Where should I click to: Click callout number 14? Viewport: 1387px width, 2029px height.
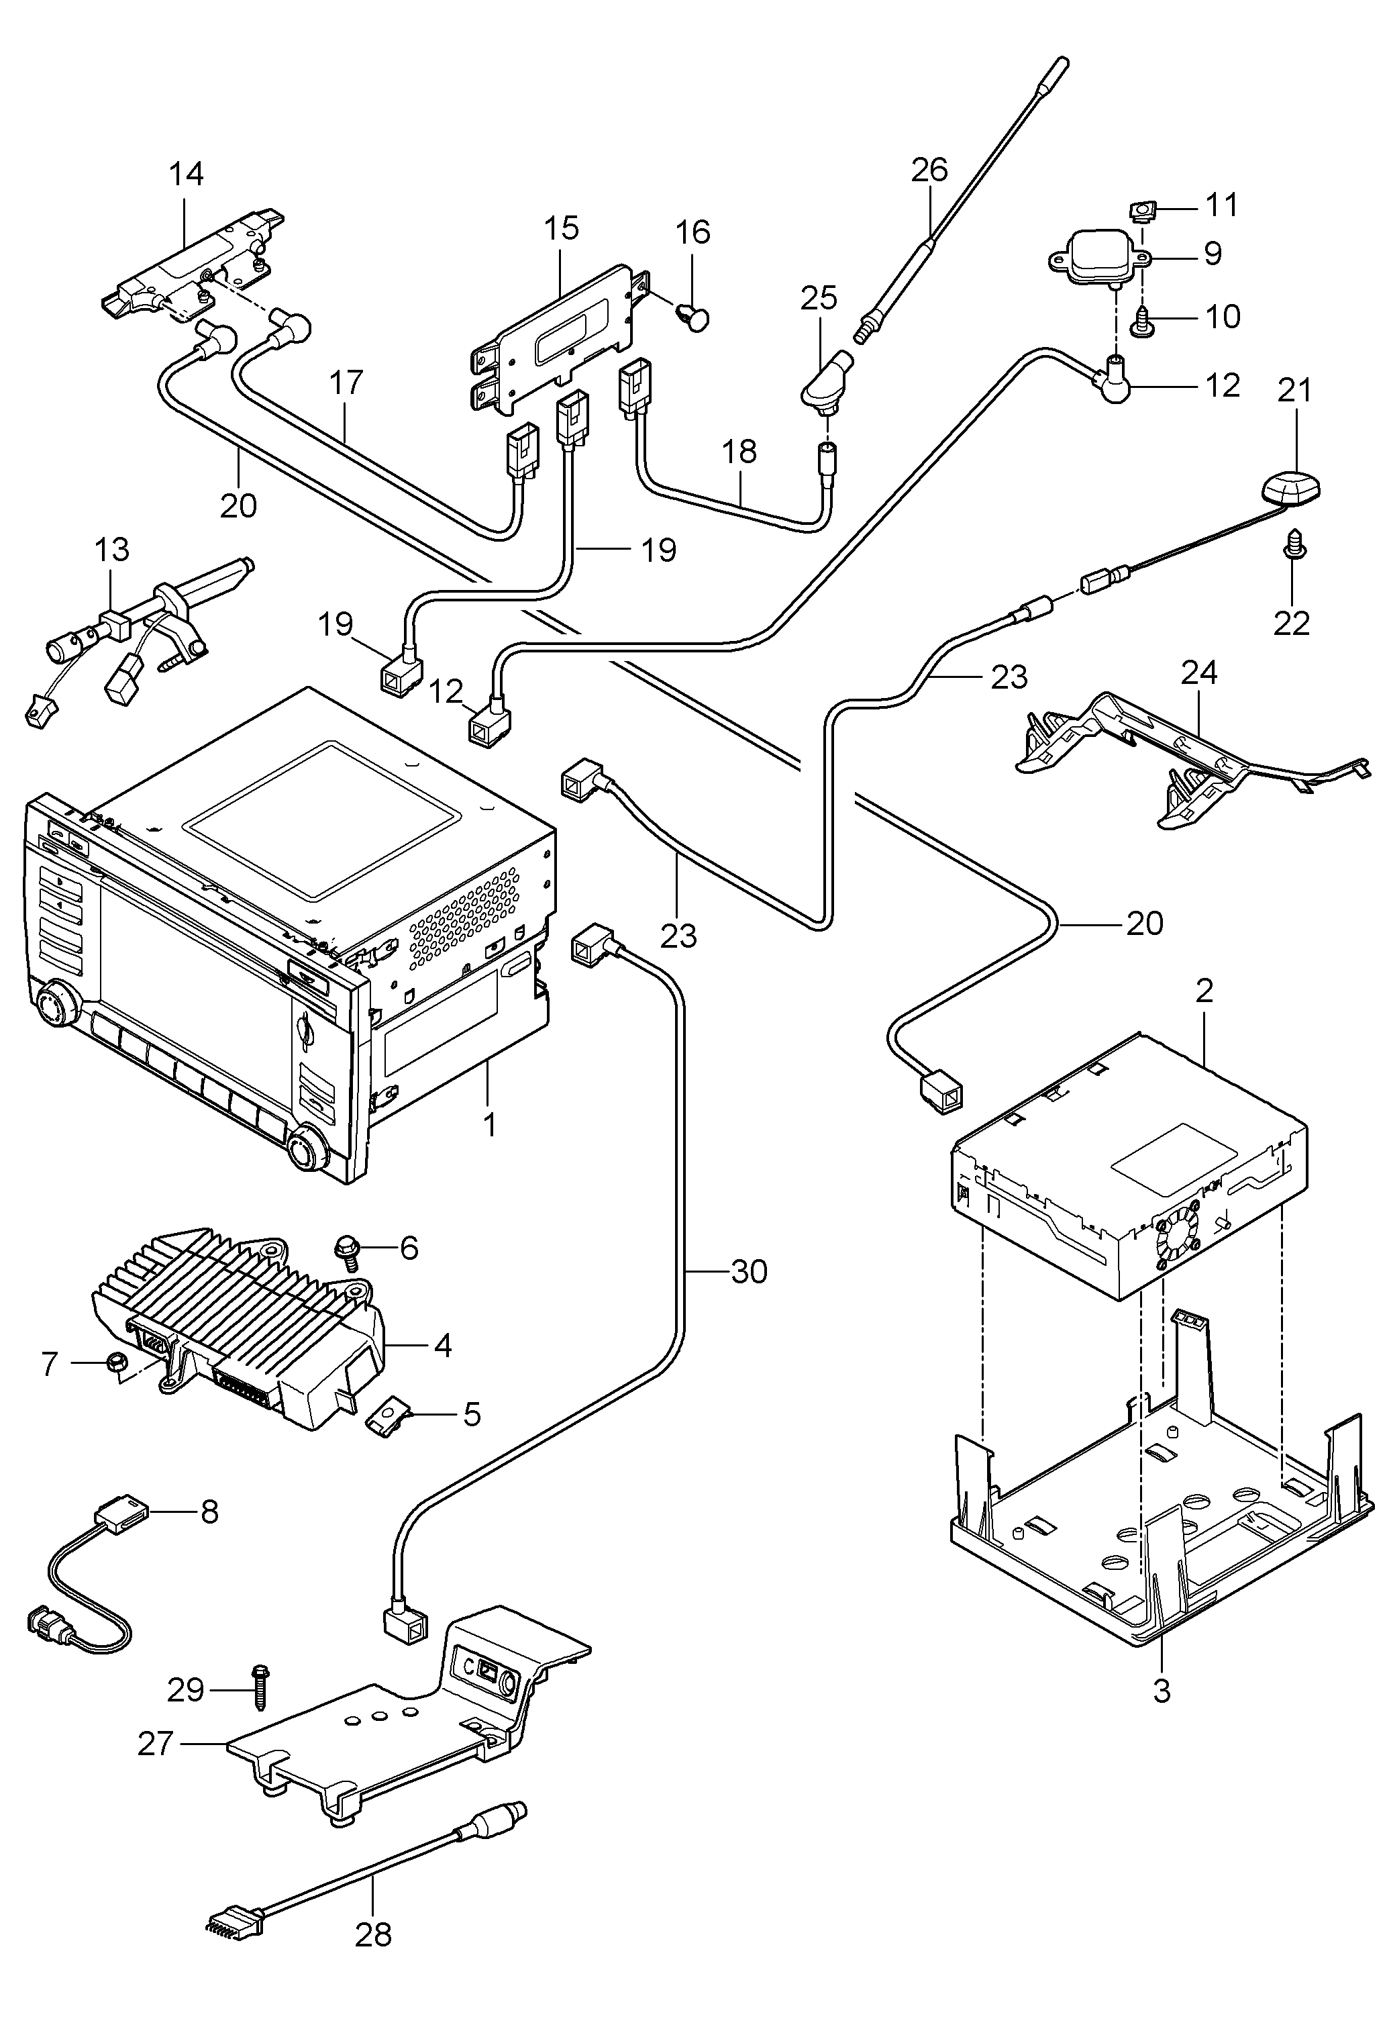point(186,174)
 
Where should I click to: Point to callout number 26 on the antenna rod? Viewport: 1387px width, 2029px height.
point(929,169)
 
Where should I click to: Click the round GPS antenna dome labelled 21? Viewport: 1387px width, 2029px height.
point(1289,487)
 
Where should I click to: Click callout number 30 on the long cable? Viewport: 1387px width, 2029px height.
point(749,1272)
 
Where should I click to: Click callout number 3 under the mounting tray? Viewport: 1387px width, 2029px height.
point(1161,1691)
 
